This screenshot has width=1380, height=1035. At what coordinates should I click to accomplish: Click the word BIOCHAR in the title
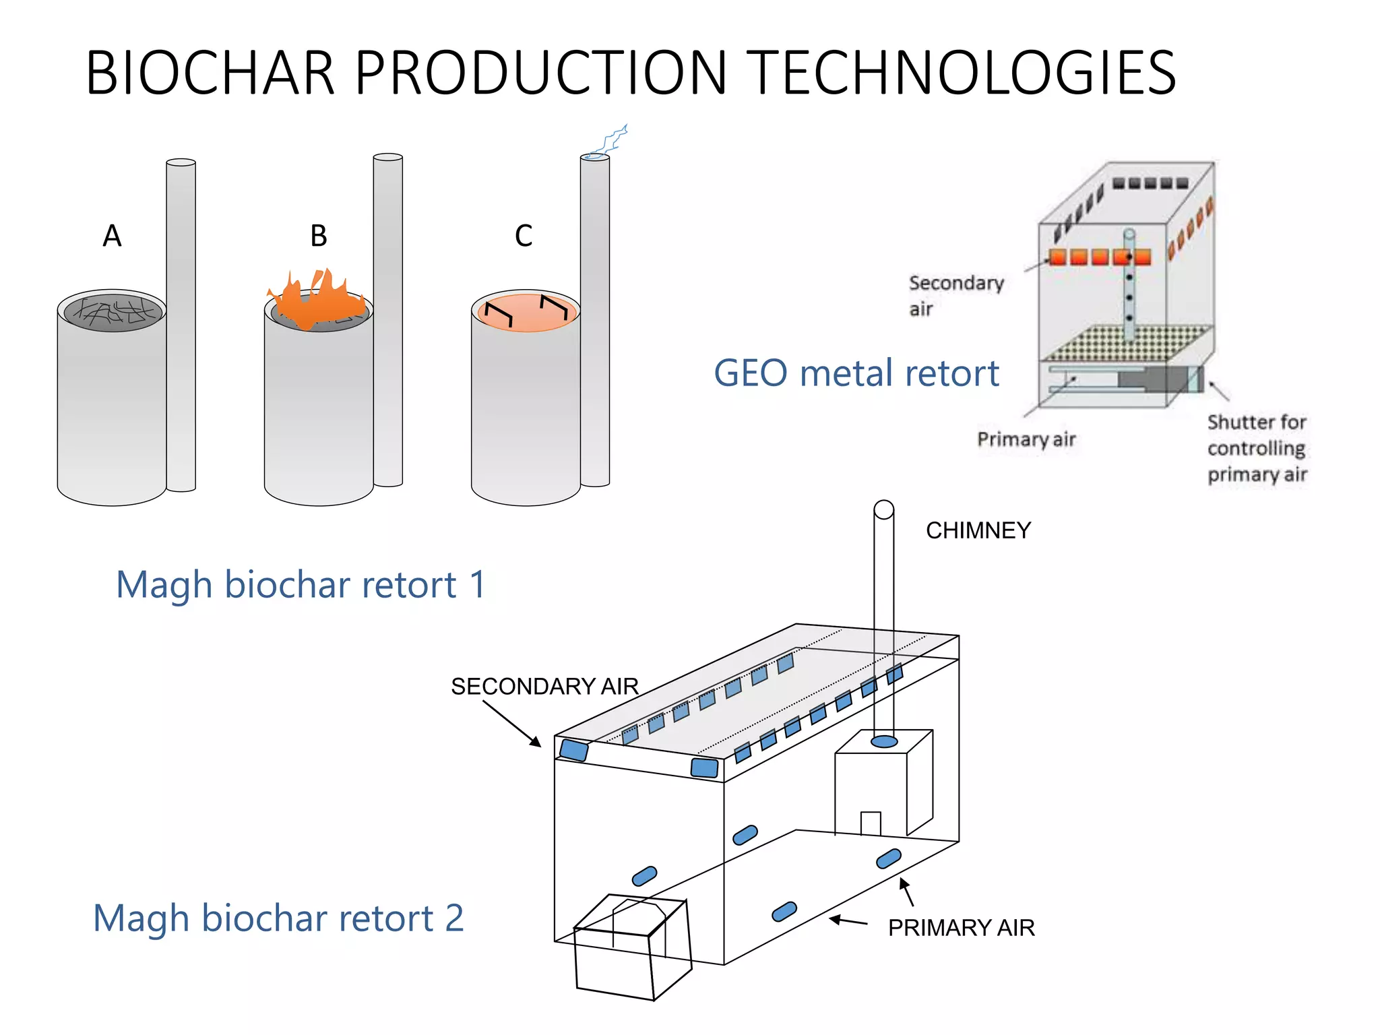click(210, 73)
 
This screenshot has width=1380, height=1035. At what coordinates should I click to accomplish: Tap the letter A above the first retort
click(112, 236)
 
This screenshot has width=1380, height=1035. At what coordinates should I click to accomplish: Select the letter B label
click(319, 236)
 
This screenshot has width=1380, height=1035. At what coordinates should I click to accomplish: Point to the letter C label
click(524, 236)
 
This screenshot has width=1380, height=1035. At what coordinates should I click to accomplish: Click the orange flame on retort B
click(317, 300)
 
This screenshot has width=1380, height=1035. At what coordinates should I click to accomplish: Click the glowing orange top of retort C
click(526, 312)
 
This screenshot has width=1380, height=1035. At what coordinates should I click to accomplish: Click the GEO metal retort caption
click(856, 373)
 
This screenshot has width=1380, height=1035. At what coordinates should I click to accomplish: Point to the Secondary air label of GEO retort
click(955, 295)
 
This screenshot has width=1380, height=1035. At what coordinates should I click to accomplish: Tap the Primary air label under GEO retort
click(1026, 439)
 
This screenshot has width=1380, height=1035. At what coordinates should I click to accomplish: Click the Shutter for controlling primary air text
click(1257, 448)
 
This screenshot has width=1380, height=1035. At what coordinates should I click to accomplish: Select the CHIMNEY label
click(978, 530)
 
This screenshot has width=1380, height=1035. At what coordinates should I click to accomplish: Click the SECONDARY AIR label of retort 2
click(544, 686)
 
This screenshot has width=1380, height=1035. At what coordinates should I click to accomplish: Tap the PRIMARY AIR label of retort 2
click(961, 927)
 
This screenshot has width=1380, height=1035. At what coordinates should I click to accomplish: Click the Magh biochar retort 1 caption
click(301, 584)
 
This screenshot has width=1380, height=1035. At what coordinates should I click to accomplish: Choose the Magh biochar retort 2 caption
click(278, 918)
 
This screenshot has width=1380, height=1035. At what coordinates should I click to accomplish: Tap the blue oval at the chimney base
click(884, 742)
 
